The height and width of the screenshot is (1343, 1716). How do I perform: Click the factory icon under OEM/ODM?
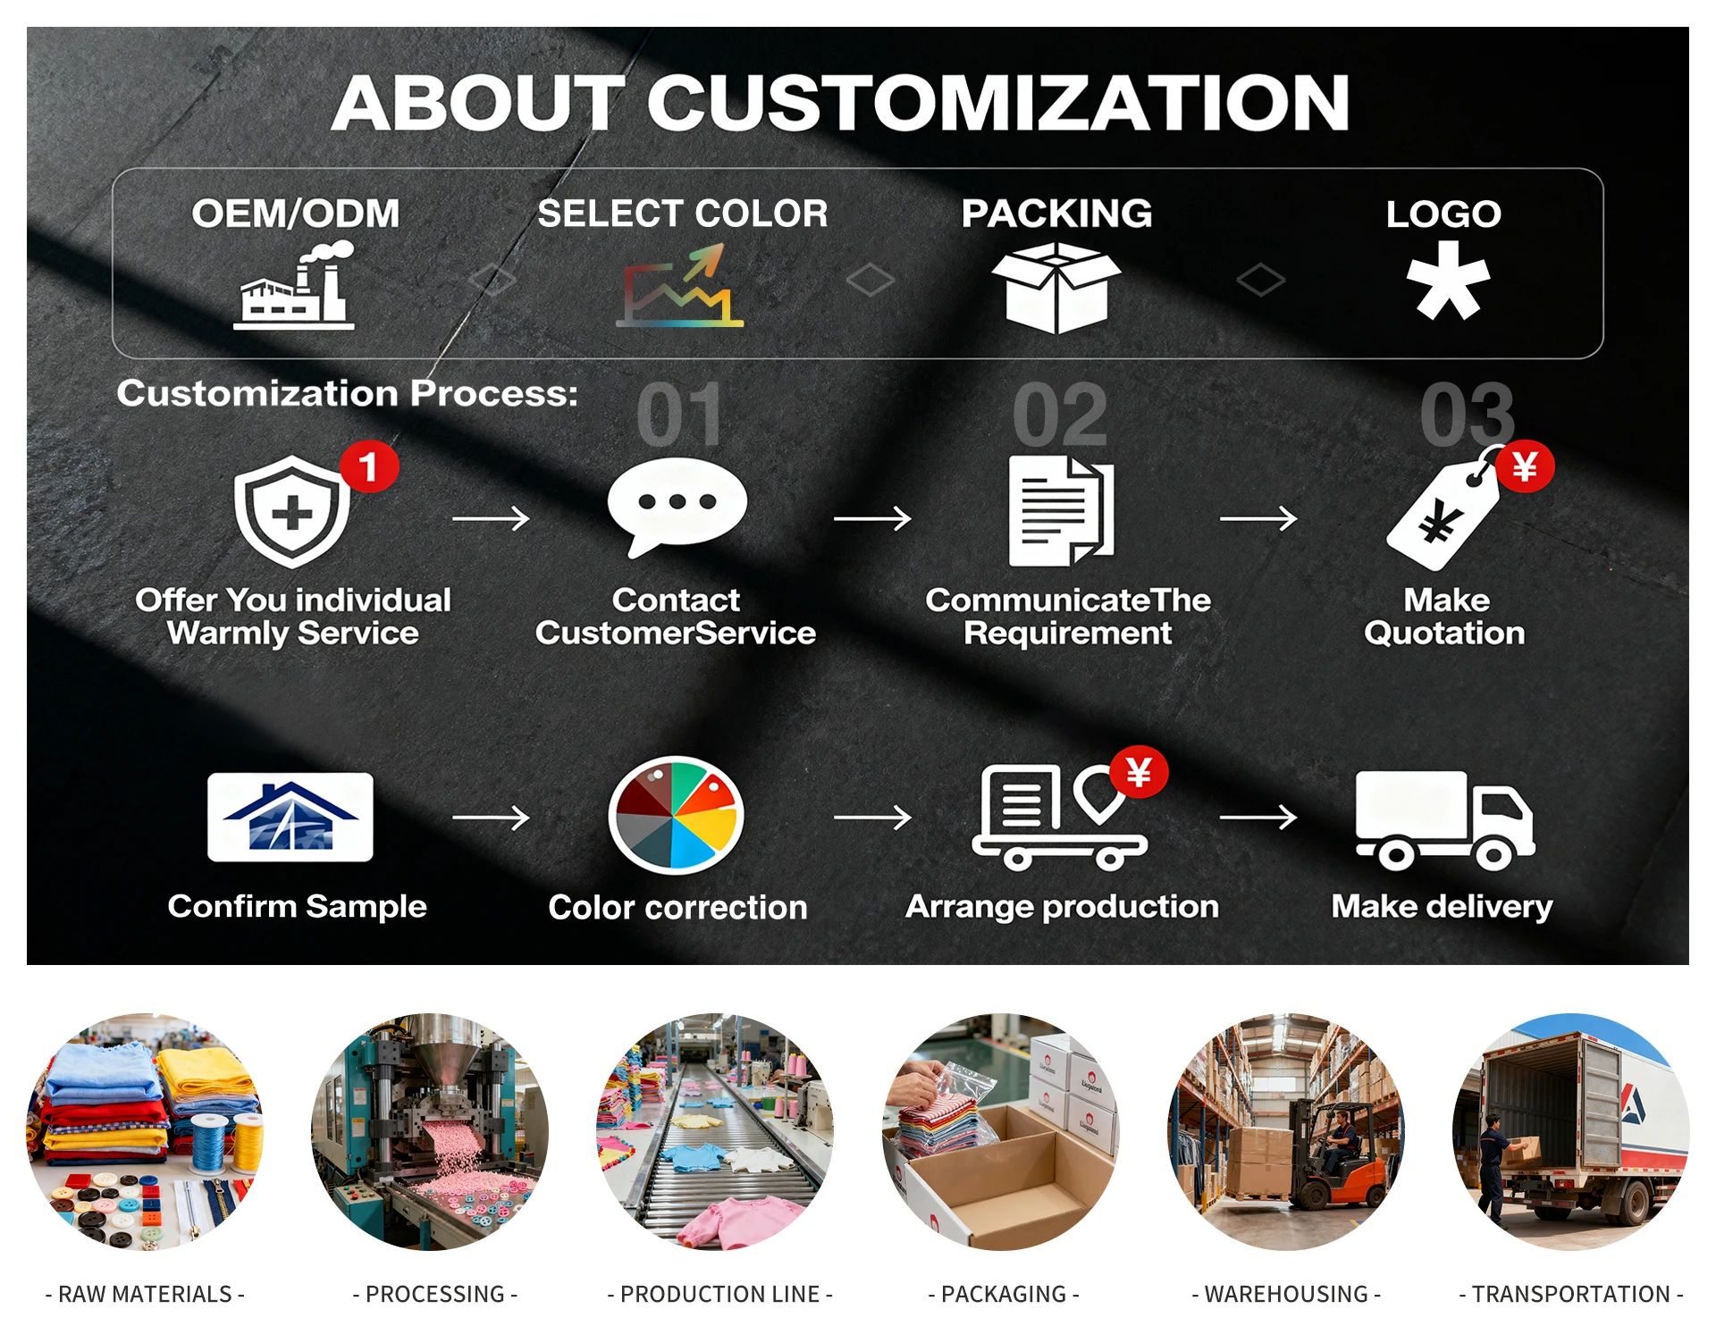click(x=294, y=288)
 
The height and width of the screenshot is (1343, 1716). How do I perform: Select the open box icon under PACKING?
click(x=1056, y=288)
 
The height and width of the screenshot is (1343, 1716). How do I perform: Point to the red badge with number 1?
click(x=368, y=466)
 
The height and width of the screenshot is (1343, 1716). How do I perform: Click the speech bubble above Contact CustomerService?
click(x=677, y=506)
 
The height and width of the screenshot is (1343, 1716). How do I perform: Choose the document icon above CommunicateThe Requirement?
click(x=1061, y=511)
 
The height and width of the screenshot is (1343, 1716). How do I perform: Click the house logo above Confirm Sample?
click(x=290, y=817)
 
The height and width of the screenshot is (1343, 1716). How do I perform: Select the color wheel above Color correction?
click(x=677, y=815)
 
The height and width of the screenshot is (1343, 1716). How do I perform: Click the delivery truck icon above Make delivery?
click(x=1444, y=820)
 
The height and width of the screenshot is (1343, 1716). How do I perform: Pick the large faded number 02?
click(x=1060, y=415)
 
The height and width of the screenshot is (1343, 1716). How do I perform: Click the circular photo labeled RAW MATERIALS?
click(x=145, y=1131)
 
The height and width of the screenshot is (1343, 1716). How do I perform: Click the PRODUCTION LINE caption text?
click(x=719, y=1294)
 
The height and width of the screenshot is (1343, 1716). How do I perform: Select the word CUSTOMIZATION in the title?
click(x=997, y=103)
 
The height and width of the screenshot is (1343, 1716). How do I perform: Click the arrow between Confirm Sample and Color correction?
click(x=491, y=817)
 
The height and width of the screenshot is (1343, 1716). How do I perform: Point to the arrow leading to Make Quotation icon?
click(x=1258, y=518)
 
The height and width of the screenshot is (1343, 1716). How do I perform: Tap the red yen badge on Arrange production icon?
click(x=1139, y=772)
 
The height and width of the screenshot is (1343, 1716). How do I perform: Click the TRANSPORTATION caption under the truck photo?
click(x=1570, y=1294)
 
